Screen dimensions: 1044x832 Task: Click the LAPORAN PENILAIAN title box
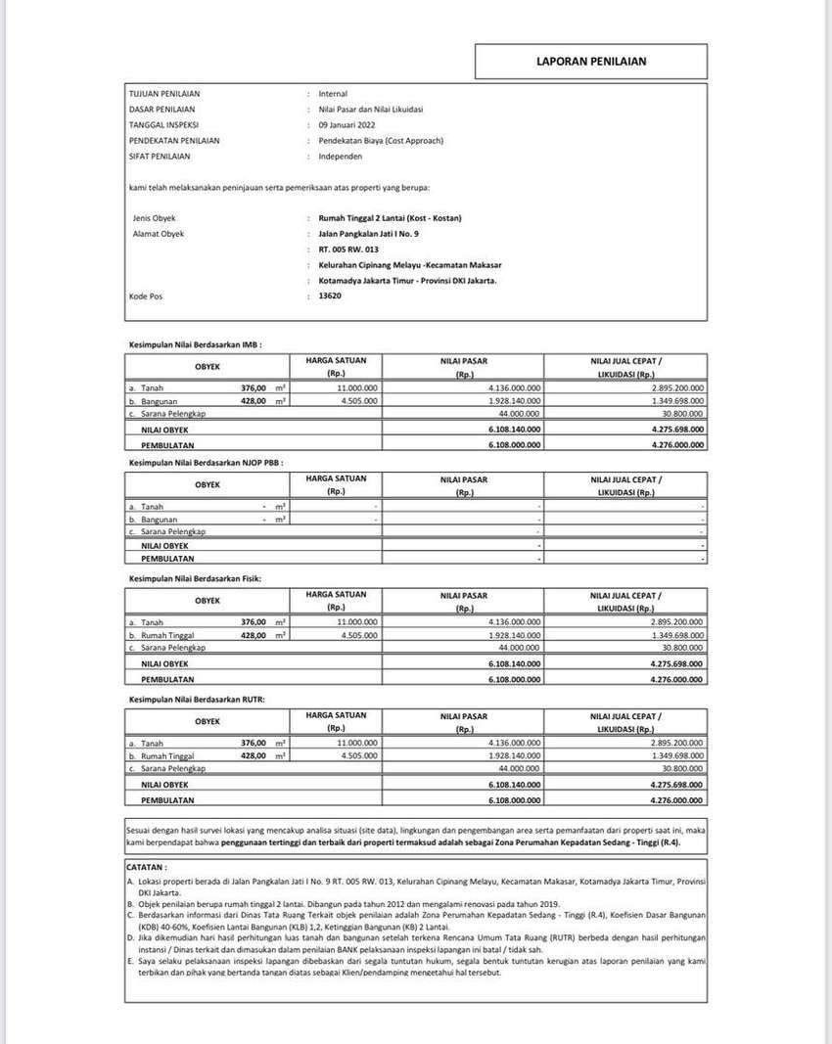click(x=590, y=61)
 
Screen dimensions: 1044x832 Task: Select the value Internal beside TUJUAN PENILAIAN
click(x=333, y=94)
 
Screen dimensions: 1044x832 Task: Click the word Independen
click(x=342, y=157)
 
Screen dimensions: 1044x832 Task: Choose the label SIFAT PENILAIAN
click(x=160, y=157)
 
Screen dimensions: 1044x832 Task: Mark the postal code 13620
click(x=330, y=295)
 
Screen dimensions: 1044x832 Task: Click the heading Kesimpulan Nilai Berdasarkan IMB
click(x=195, y=344)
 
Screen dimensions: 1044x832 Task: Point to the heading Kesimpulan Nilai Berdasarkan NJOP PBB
click(x=206, y=462)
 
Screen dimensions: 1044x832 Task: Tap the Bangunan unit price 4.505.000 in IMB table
click(x=359, y=401)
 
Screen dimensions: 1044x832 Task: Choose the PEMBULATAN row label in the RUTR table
click(x=168, y=799)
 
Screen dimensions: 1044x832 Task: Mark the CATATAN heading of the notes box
click(x=148, y=867)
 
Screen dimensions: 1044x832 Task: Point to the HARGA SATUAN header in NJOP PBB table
click(x=336, y=478)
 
